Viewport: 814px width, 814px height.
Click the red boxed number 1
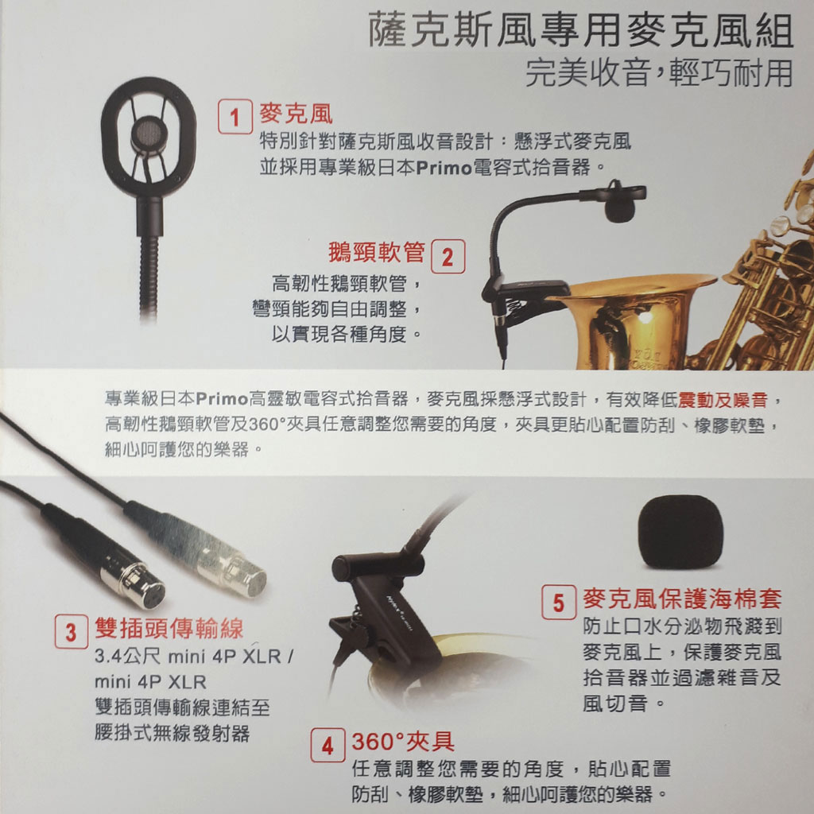coord(235,116)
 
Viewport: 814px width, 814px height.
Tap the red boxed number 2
coord(448,256)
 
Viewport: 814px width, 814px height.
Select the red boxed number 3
coord(71,631)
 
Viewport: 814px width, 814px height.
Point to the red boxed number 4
coord(328,745)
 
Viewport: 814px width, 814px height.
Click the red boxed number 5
coord(559,603)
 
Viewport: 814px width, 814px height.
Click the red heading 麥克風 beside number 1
coord(296,114)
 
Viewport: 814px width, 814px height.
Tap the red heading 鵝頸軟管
coord(376,252)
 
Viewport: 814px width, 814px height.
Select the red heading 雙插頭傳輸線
coord(169,628)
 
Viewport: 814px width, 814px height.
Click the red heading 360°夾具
coord(403,742)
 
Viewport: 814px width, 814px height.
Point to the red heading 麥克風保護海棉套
coord(682,599)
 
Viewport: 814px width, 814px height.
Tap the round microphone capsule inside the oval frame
coord(149,134)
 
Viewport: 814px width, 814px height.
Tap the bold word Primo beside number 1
coord(444,168)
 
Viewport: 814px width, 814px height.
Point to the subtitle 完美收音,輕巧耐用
coord(659,73)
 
